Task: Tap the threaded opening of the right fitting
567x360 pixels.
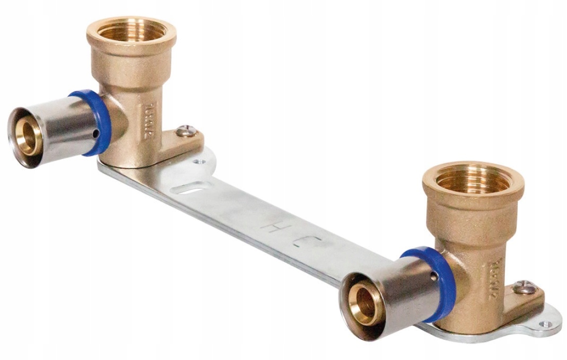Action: [473, 179]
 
